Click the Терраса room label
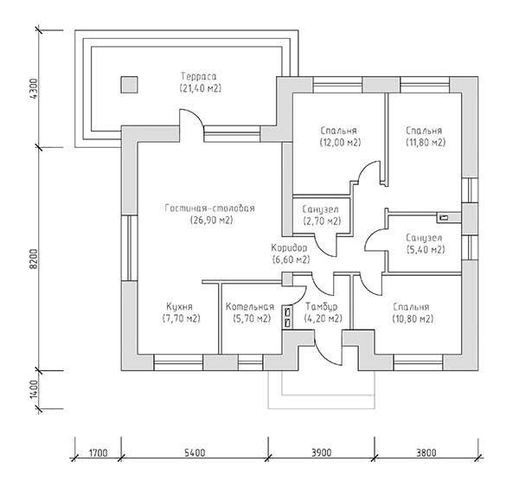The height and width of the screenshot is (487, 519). (199, 76)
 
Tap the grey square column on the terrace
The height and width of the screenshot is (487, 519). (129, 85)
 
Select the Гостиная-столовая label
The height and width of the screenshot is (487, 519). (210, 208)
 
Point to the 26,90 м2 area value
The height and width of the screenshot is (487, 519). (212, 221)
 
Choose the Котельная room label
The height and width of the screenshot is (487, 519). (250, 307)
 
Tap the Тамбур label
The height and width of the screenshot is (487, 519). (322, 307)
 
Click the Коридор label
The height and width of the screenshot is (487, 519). (289, 248)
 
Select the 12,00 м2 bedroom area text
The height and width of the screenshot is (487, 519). (340, 143)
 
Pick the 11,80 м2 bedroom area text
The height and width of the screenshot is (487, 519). (426, 143)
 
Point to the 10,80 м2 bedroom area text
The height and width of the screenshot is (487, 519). (413, 319)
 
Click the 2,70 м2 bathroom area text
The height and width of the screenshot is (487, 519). (322, 221)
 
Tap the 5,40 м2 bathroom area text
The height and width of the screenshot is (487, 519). (426, 250)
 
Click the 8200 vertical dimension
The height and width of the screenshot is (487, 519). (34, 259)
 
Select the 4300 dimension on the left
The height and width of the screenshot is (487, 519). (34, 88)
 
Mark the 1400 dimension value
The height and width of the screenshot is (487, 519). (34, 389)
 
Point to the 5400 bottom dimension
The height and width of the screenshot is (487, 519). (195, 452)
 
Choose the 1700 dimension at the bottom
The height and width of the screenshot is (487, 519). (99, 452)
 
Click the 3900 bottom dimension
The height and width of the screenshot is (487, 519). (321, 452)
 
